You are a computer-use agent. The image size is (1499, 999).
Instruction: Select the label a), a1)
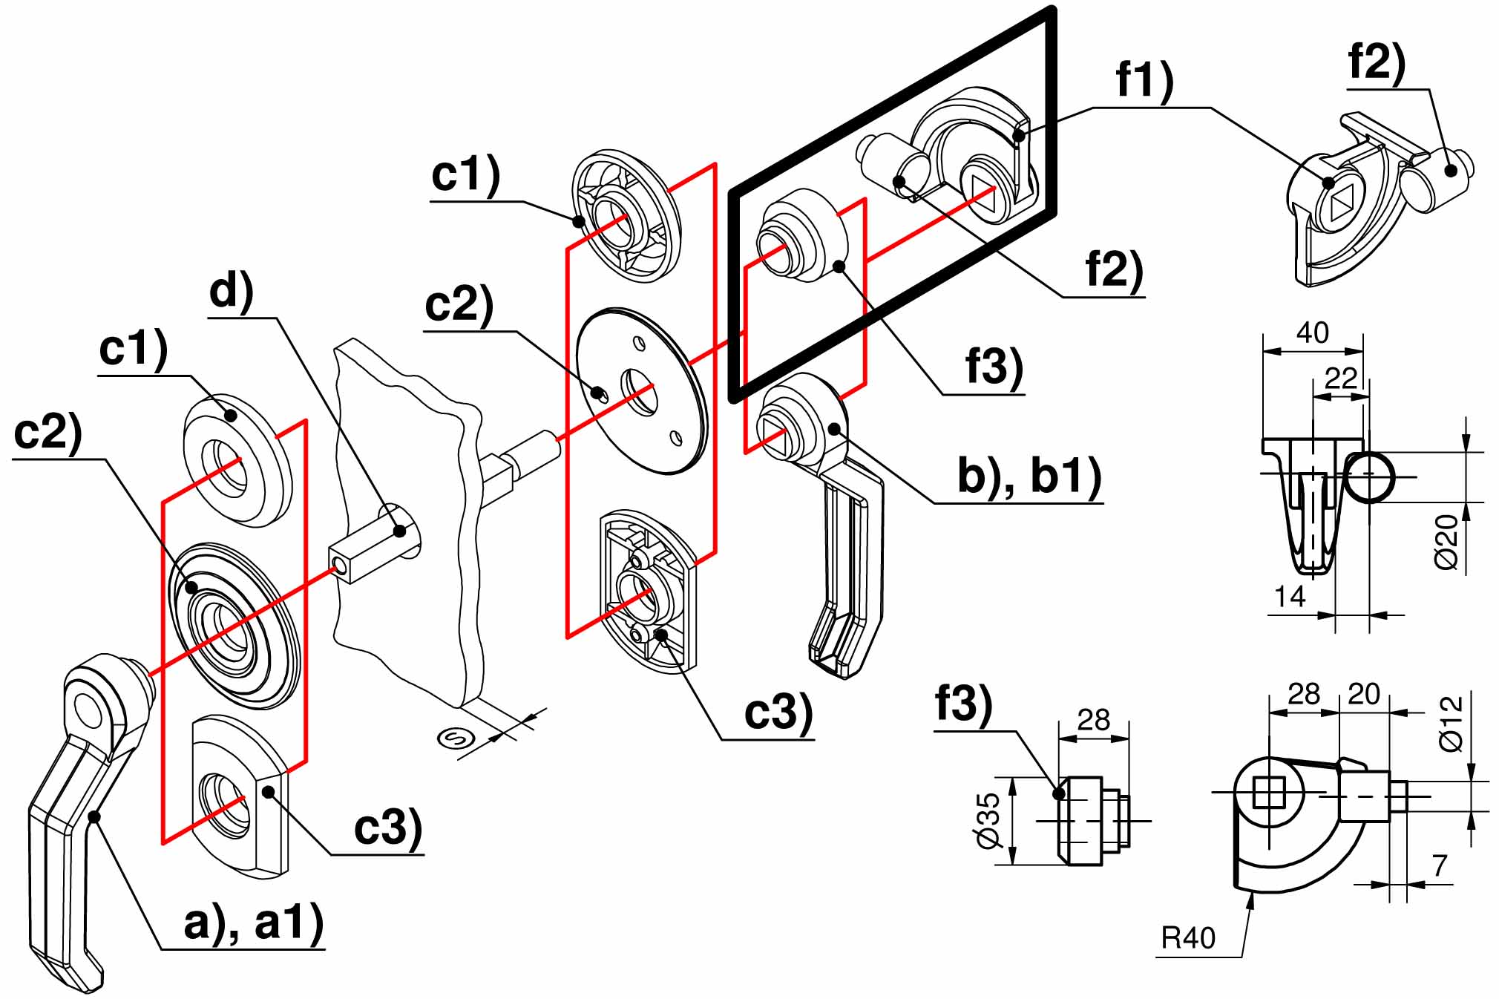pos(254,924)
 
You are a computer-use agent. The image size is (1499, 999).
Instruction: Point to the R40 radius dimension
pos(1188,938)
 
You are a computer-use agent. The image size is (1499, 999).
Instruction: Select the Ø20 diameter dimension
pos(1447,543)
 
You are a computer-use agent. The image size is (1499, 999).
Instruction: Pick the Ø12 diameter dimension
pos(1452,723)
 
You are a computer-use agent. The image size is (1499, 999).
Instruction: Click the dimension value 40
pos(1312,333)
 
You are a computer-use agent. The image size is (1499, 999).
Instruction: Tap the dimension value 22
pos(1341,379)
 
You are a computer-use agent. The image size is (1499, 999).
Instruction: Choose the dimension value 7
pos(1439,865)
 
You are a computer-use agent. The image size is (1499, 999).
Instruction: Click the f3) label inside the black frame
pos(994,366)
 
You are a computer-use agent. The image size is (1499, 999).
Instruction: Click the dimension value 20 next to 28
pos(1363,694)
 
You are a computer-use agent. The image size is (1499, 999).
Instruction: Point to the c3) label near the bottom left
pos(387,828)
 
